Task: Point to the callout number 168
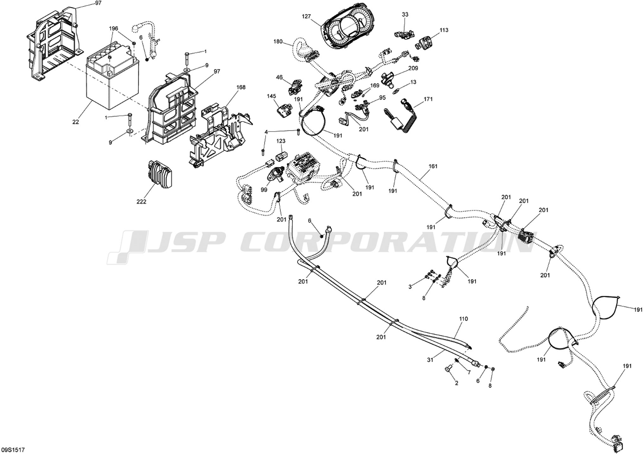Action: click(241, 87)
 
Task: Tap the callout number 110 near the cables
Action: click(463, 319)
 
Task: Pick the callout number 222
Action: click(141, 202)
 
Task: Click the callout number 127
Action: click(306, 16)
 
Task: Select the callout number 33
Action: click(405, 15)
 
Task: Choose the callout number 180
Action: click(278, 42)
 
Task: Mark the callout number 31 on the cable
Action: click(430, 359)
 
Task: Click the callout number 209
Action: click(413, 68)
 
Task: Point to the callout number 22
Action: click(75, 122)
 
